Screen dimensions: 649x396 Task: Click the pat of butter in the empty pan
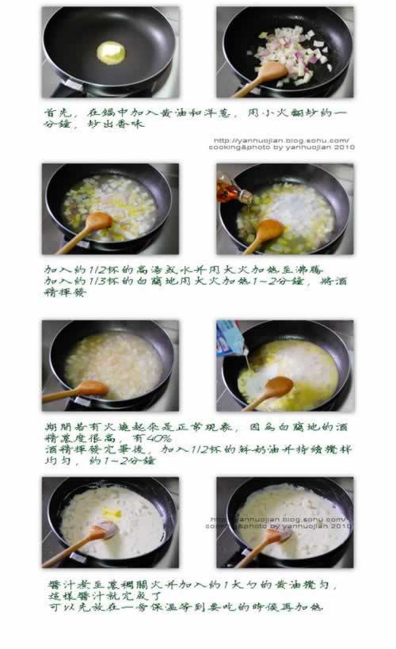click(x=111, y=52)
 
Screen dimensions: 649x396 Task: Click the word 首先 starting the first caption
click(x=54, y=113)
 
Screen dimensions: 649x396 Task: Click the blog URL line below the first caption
click(x=282, y=140)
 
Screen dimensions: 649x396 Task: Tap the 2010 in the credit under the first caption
click(x=342, y=147)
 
